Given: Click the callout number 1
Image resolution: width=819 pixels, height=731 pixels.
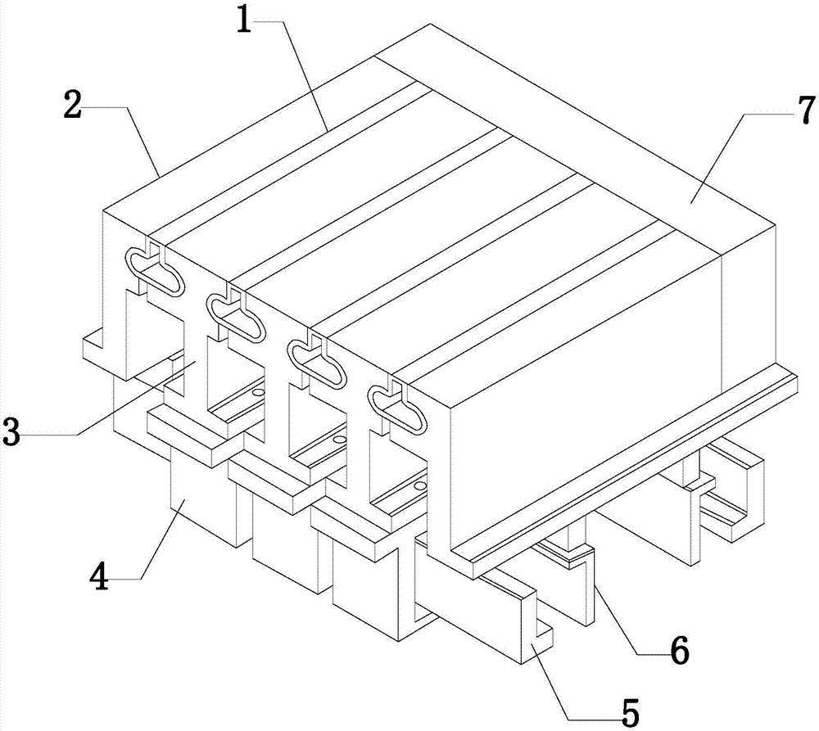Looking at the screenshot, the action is (244, 20).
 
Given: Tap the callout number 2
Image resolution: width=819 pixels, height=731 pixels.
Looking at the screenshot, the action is (72, 105).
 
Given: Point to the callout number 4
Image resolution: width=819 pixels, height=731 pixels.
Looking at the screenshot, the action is (99, 577).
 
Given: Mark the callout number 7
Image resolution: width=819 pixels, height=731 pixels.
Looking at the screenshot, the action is (806, 111).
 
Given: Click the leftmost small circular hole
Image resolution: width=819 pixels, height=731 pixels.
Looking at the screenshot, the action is (256, 391).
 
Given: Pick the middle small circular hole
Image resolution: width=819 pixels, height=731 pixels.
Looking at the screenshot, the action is (340, 440).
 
